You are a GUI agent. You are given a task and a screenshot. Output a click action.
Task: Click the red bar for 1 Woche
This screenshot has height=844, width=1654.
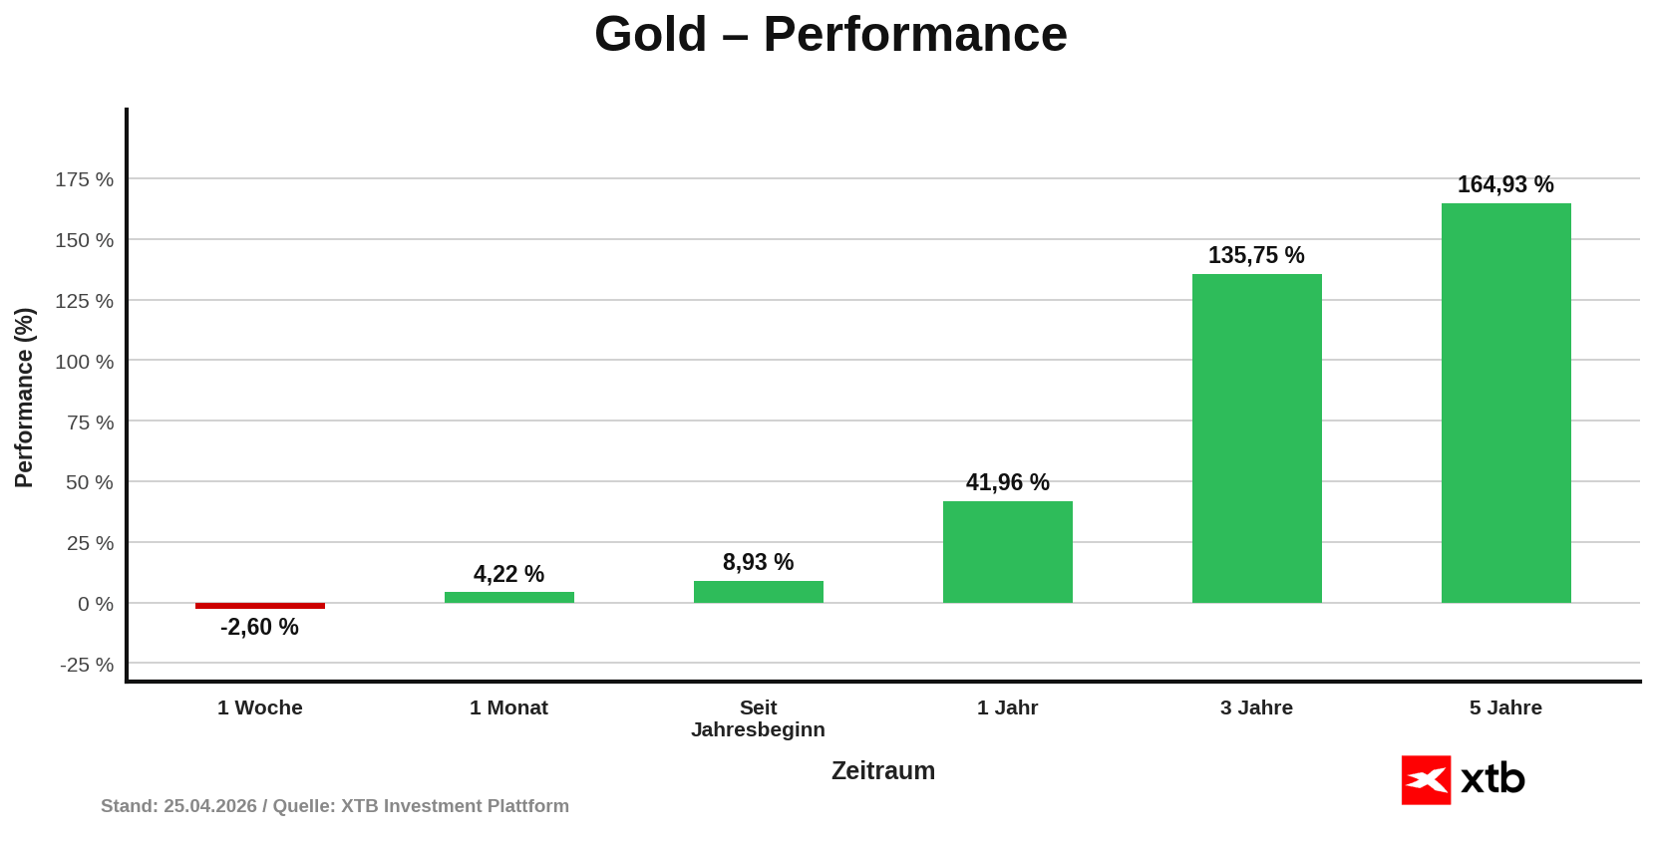259,606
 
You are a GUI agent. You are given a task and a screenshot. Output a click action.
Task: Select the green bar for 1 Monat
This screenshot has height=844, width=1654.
508,598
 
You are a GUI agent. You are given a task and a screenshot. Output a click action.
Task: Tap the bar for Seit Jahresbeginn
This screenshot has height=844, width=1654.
758,592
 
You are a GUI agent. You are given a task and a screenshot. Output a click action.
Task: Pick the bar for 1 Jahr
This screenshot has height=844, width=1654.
1007,552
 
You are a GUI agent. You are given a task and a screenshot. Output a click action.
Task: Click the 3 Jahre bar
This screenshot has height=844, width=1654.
1256,438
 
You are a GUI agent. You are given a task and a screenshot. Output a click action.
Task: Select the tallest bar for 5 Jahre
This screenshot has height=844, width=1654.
1505,404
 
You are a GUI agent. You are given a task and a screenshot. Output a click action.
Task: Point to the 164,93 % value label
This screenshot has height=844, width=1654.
1505,184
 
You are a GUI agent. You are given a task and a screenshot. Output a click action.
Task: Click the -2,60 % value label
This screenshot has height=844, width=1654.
259,627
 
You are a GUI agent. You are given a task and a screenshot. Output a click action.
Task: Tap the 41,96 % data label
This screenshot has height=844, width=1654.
1007,482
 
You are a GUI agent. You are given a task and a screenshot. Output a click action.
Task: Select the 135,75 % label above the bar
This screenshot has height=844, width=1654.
1256,255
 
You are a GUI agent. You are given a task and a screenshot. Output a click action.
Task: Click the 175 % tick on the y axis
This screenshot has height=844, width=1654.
84,179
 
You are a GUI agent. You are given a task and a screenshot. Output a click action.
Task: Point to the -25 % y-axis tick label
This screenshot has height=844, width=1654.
87,665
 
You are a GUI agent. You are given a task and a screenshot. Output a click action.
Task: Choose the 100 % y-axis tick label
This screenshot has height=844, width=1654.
84,362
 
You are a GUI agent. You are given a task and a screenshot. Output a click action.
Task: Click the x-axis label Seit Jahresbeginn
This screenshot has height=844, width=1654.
758,718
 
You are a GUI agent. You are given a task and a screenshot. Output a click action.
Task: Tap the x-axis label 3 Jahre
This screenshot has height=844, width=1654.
1256,707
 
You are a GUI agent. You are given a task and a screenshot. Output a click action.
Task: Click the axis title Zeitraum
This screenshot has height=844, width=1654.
883,770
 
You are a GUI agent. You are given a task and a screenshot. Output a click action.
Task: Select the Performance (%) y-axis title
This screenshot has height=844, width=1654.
24,398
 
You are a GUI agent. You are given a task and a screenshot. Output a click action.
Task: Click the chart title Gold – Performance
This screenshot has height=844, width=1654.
830,34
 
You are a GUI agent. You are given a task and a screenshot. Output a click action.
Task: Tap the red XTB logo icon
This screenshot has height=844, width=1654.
1426,780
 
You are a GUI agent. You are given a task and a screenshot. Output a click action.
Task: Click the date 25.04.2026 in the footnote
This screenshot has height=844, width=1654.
210,806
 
